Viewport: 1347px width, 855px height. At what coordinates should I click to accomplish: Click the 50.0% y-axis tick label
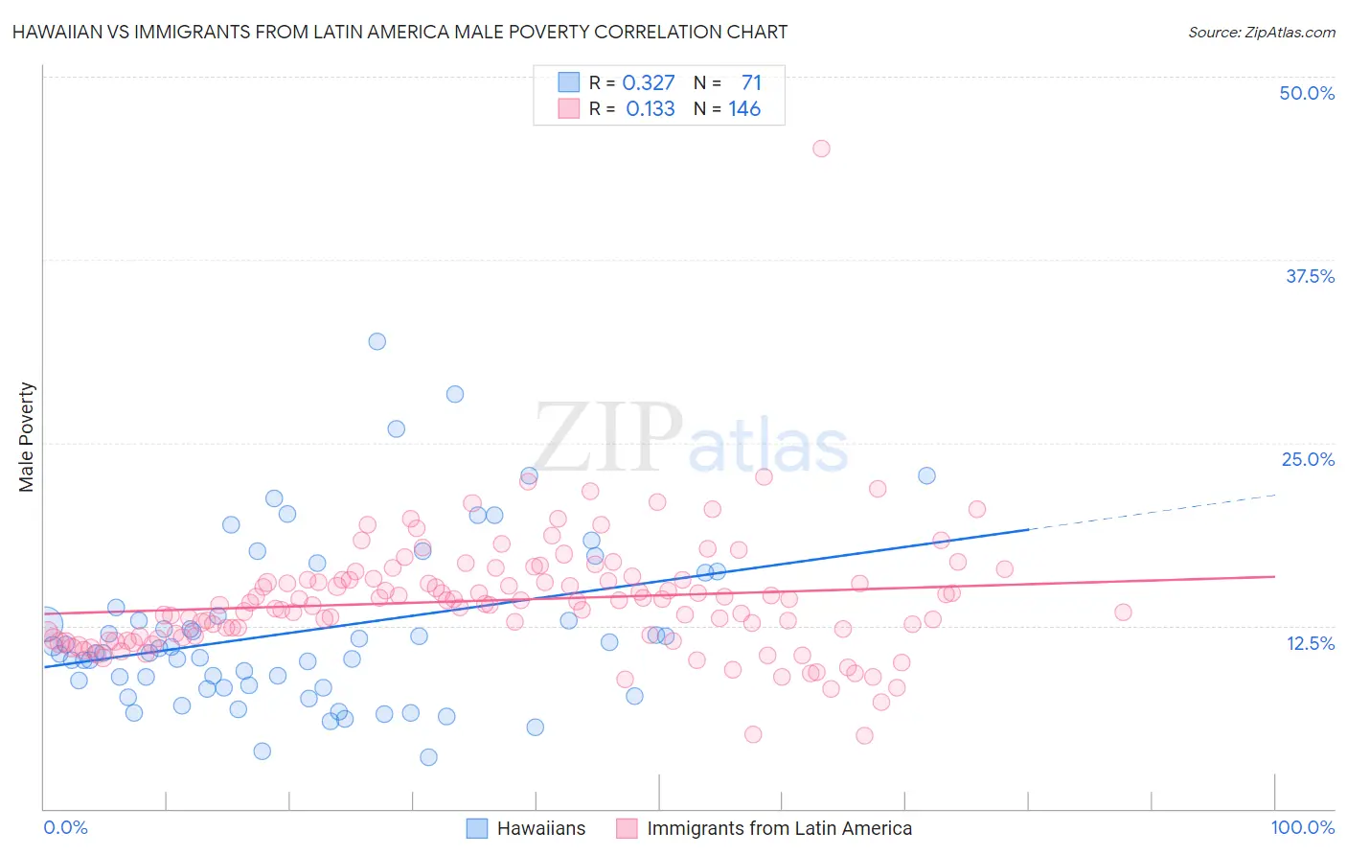(1307, 93)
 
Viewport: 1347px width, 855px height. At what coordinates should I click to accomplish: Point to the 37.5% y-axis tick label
(1310, 276)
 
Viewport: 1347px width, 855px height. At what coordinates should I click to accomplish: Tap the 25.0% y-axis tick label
(1308, 459)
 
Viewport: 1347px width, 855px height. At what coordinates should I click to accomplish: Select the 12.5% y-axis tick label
(1310, 643)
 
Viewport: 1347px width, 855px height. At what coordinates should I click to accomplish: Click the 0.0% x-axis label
(65, 827)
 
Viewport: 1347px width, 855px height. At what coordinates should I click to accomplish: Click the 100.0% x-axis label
(1302, 827)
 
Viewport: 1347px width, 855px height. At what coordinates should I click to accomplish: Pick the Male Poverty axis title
(27, 437)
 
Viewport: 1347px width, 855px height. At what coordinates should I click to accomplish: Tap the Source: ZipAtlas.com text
(1261, 32)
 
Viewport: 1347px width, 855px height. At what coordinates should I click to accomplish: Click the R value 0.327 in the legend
(649, 83)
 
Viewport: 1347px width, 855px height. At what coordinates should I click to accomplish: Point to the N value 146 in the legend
(744, 108)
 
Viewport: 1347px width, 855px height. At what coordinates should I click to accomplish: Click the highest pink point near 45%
(821, 149)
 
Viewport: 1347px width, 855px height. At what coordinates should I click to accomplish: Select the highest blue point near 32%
(377, 341)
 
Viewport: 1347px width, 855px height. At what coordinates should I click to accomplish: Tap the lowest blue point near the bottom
(428, 757)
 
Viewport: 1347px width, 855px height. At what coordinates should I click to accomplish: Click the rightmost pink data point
(1123, 612)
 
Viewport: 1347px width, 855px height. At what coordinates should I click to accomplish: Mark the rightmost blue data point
(926, 475)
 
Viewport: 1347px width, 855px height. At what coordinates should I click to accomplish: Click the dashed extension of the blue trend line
(1150, 512)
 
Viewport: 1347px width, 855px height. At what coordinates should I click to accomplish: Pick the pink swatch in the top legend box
(569, 108)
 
